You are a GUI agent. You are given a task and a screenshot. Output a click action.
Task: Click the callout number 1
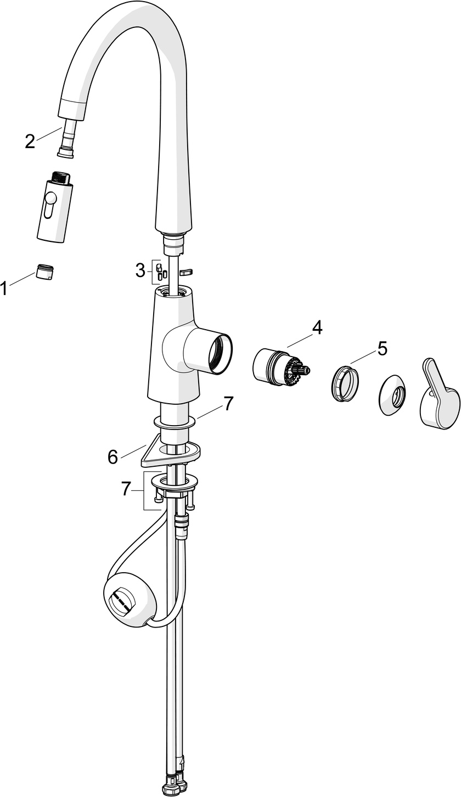(x=5, y=287)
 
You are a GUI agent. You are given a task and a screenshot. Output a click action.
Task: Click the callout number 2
(x=30, y=141)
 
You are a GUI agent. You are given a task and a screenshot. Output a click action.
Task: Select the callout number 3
(x=140, y=269)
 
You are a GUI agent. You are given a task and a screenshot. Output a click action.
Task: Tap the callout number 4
(x=317, y=327)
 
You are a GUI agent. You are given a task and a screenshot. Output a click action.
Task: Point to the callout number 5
(x=382, y=348)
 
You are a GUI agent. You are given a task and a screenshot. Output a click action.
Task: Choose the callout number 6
(x=113, y=456)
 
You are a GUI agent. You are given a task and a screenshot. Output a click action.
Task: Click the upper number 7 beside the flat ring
(x=228, y=404)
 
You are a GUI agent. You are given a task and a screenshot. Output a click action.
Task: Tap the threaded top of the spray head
(x=61, y=178)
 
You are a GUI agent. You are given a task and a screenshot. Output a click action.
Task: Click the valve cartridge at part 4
(x=277, y=368)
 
